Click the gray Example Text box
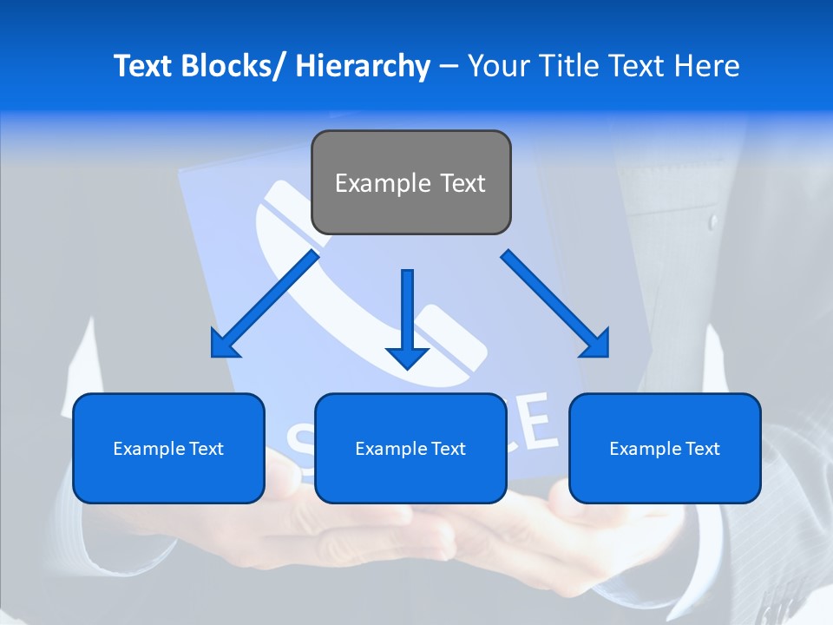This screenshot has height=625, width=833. click(410, 182)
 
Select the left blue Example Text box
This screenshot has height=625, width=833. click(168, 448)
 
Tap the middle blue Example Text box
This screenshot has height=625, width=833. click(410, 448)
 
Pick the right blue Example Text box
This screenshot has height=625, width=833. click(665, 448)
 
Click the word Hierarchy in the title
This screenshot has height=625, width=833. click(363, 66)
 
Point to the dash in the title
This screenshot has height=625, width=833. click(449, 66)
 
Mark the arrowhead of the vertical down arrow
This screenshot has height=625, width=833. click(407, 357)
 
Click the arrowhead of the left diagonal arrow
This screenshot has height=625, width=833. click(222, 346)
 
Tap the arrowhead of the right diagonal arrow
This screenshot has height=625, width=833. click(598, 346)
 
